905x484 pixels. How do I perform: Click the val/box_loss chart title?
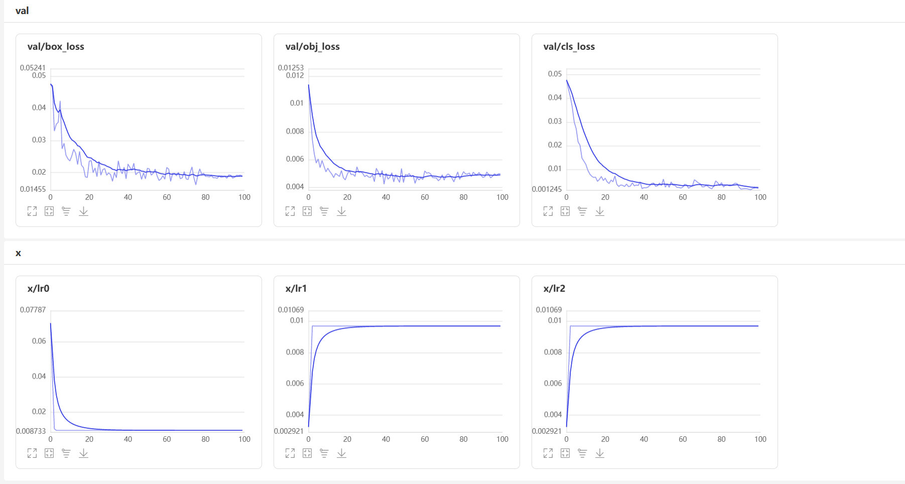pyautogui.click(x=56, y=47)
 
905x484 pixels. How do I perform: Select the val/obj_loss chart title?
pyautogui.click(x=312, y=47)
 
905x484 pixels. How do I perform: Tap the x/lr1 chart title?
pyautogui.click(x=296, y=288)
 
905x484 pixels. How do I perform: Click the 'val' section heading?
pyautogui.click(x=22, y=11)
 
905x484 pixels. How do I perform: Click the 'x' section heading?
pyautogui.click(x=19, y=253)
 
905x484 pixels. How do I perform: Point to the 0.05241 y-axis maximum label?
pyautogui.click(x=33, y=68)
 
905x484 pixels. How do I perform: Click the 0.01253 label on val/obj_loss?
pyautogui.click(x=291, y=68)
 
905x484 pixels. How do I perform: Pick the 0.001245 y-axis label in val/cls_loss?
pyautogui.click(x=547, y=189)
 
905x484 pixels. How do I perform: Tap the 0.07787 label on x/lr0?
pyautogui.click(x=33, y=310)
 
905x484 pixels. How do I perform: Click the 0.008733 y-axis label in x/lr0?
pyautogui.click(x=31, y=431)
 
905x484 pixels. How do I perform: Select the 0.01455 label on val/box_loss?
pyautogui.click(x=33, y=189)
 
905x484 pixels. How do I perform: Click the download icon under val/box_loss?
pyautogui.click(x=83, y=211)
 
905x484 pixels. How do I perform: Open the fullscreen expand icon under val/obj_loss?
pyautogui.click(x=290, y=211)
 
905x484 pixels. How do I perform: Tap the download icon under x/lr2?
pyautogui.click(x=599, y=453)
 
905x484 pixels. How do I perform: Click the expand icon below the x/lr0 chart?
pyautogui.click(x=32, y=453)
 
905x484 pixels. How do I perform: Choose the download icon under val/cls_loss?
pyautogui.click(x=599, y=211)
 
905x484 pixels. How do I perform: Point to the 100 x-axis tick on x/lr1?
pyautogui.click(x=502, y=439)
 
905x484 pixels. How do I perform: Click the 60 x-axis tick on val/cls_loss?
pyautogui.click(x=683, y=197)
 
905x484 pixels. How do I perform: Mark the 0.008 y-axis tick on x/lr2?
pyautogui.click(x=553, y=352)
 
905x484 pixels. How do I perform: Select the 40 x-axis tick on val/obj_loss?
pyautogui.click(x=386, y=197)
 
